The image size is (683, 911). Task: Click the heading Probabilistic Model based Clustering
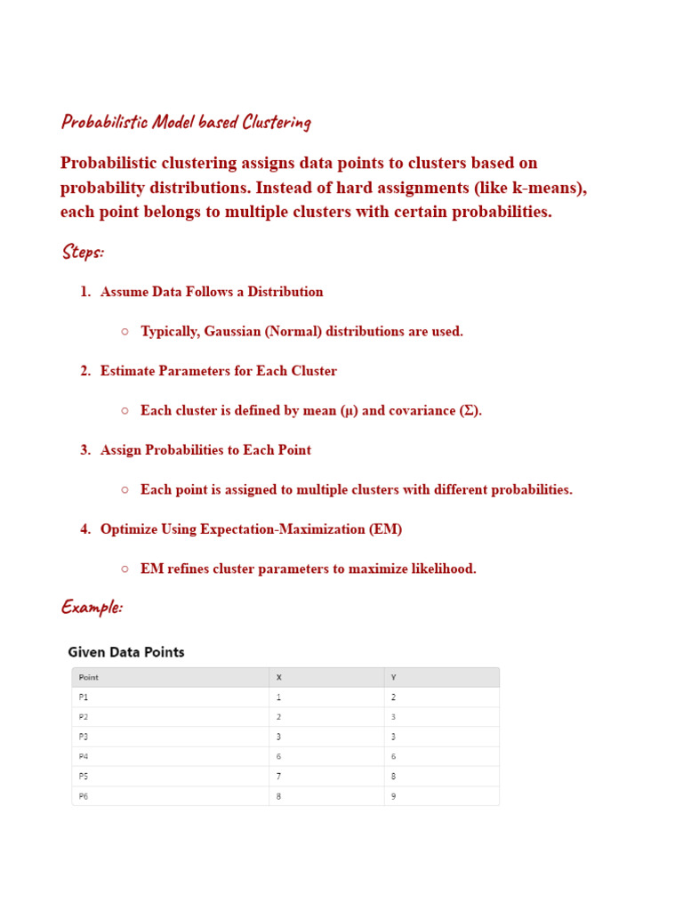(x=186, y=122)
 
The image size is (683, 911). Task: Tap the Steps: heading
(x=83, y=252)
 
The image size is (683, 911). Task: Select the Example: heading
(x=92, y=607)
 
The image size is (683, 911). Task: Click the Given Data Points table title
(x=126, y=652)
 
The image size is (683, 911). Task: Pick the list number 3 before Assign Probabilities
(x=84, y=450)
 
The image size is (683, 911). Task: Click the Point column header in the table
(x=88, y=677)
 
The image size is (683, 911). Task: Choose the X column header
(x=278, y=677)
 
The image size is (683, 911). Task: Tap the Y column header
(x=394, y=677)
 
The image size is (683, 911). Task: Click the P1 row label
(x=84, y=697)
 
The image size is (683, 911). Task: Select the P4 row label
(x=84, y=756)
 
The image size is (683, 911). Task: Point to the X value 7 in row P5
(x=278, y=777)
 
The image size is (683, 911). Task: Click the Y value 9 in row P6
(x=394, y=796)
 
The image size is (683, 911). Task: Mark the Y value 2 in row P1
(x=394, y=697)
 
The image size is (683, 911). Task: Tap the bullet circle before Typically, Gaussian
(x=125, y=332)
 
